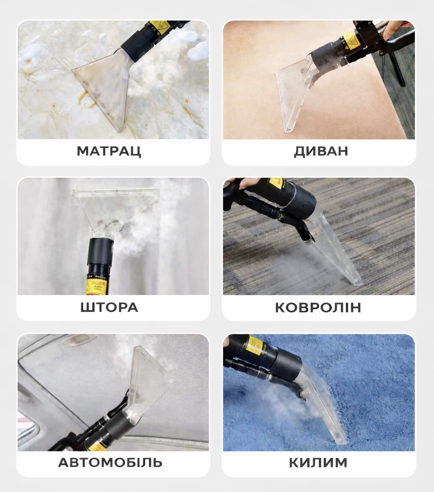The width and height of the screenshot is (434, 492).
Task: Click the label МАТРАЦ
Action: (109, 151)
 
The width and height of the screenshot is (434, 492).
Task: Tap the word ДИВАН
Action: (321, 151)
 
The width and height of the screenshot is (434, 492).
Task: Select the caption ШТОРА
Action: (109, 307)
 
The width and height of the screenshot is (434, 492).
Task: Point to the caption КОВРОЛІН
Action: (318, 308)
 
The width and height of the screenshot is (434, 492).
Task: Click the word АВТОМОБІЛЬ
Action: (110, 462)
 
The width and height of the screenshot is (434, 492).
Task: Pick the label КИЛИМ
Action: (318, 462)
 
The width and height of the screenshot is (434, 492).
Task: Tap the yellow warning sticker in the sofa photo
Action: (349, 40)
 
